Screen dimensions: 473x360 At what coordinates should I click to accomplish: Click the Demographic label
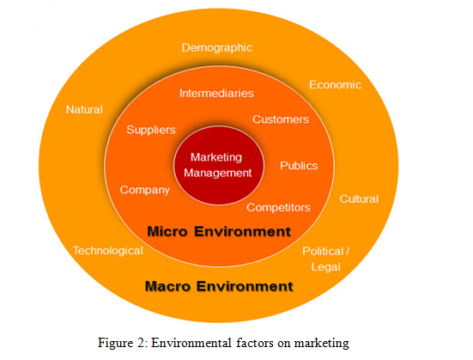tap(217, 48)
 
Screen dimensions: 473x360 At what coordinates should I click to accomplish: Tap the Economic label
tap(335, 85)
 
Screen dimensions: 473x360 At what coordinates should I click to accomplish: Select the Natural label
tap(84, 109)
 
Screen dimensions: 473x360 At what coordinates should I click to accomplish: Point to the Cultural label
tap(359, 199)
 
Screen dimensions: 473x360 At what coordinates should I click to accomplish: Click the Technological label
tap(108, 251)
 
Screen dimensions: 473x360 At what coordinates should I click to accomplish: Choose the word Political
tap(323, 251)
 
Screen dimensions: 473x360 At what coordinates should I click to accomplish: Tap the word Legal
tap(326, 267)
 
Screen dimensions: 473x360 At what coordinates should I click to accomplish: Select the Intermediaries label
tap(216, 94)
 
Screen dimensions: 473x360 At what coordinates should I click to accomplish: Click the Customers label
tap(281, 119)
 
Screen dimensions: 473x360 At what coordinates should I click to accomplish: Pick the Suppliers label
tap(151, 131)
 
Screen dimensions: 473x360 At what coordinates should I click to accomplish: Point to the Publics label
tap(299, 166)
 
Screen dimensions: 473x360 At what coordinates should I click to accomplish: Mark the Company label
tap(145, 190)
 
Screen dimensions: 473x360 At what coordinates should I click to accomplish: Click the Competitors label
tap(278, 208)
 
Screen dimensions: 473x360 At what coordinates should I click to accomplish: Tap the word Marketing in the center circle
tap(216, 157)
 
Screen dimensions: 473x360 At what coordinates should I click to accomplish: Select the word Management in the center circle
tap(218, 173)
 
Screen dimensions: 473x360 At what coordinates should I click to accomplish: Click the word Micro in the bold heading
tap(167, 232)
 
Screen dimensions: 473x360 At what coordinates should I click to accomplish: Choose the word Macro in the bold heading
tap(167, 286)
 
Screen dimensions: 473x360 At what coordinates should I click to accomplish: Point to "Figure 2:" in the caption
tap(123, 343)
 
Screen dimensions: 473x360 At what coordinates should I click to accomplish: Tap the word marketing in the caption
tap(322, 344)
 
